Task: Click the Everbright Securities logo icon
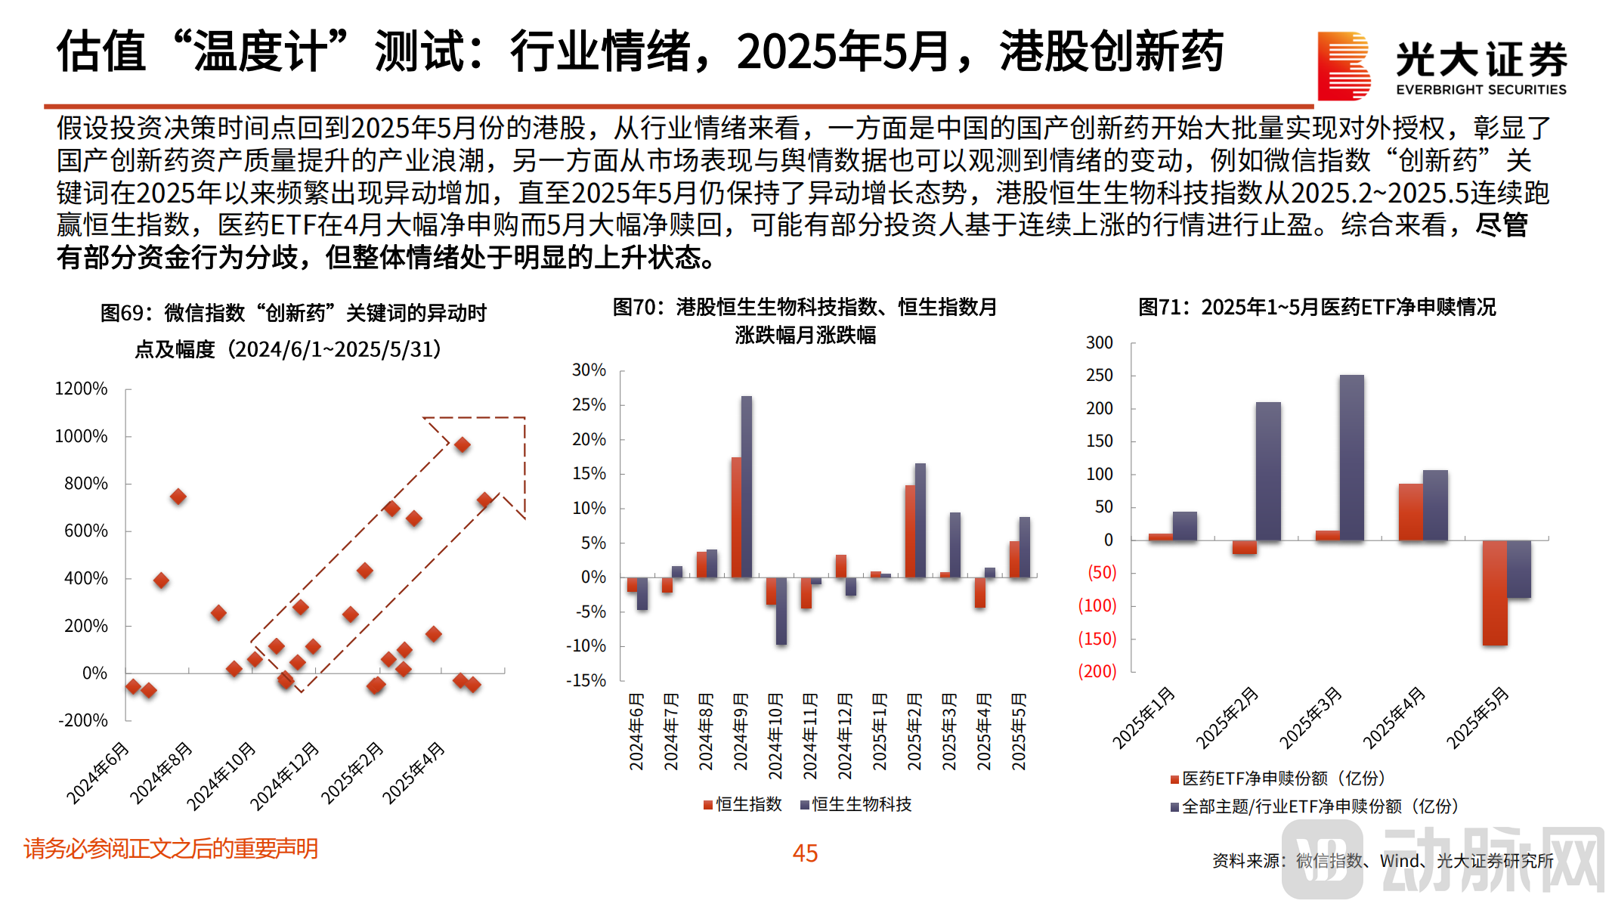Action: (x=1343, y=66)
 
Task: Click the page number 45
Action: (x=805, y=853)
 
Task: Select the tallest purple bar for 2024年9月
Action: (x=747, y=487)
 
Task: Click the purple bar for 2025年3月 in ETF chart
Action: (x=1351, y=457)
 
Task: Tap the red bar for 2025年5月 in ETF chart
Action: (x=1494, y=593)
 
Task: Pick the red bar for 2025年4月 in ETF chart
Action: (x=1410, y=512)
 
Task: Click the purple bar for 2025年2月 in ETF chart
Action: (x=1268, y=471)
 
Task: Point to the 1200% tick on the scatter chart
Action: (x=82, y=389)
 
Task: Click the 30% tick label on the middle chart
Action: (x=589, y=370)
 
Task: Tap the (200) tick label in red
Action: (x=1097, y=671)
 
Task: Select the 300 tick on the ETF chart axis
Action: (x=1099, y=343)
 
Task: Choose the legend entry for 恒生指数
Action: (x=743, y=804)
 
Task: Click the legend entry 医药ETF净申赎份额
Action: (x=1277, y=779)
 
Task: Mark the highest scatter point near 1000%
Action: (x=463, y=445)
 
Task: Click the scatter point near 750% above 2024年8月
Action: (x=178, y=497)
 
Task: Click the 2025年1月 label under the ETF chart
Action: (x=1143, y=718)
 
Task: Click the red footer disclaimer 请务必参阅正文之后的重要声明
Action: (x=171, y=849)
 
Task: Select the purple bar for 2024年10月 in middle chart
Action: (x=781, y=611)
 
